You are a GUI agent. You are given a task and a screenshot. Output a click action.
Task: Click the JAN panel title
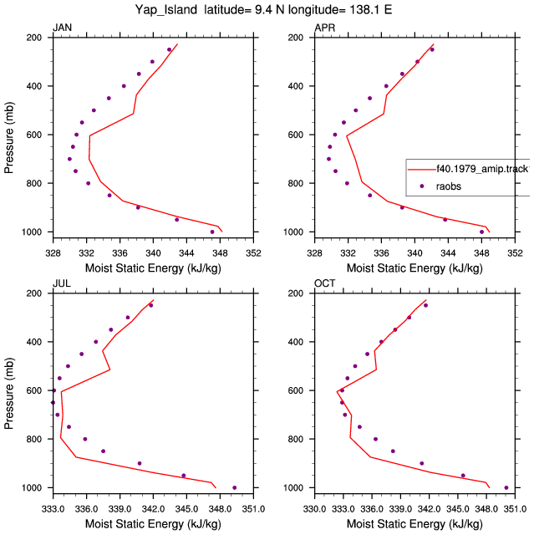[62, 28]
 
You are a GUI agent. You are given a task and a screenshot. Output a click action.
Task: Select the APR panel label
[324, 28]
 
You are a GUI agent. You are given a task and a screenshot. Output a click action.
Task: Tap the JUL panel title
[62, 283]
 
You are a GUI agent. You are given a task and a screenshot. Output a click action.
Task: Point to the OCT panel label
[324, 283]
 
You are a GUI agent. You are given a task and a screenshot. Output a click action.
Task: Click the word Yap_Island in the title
[166, 9]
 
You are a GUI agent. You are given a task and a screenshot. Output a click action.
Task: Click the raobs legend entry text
[449, 186]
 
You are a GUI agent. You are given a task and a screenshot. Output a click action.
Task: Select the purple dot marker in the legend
[422, 186]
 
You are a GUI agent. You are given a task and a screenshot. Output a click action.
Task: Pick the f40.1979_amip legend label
[483, 169]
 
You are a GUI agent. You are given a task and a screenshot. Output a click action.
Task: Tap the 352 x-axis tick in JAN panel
[253, 252]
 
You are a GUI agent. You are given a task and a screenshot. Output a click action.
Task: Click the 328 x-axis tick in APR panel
[314, 252]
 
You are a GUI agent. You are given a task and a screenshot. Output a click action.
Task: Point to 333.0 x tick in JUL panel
[53, 509]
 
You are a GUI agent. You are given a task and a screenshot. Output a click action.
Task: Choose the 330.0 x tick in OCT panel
[314, 509]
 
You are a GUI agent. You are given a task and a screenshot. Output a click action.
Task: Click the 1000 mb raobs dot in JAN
[212, 232]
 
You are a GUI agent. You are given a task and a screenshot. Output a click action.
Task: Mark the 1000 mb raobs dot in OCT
[506, 488]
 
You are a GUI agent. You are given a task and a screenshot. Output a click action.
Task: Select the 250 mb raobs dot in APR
[432, 49]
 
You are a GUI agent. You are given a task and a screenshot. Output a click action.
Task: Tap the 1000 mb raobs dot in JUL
[234, 488]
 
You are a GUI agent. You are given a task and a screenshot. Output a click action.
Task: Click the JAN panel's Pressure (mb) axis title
[9, 137]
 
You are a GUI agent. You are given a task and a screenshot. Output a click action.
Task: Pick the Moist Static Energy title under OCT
[414, 524]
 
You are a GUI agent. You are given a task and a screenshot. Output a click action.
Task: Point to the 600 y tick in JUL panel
[34, 390]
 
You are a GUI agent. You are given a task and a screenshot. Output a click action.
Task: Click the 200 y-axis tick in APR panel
[296, 37]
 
